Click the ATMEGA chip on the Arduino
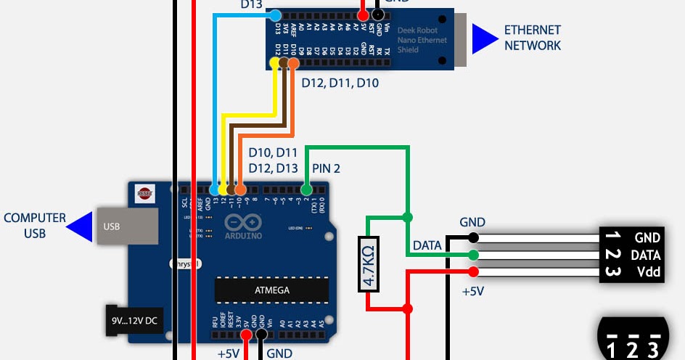coord(271,290)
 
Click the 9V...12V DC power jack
coord(132,320)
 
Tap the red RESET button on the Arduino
coord(145,193)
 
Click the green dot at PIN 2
coord(306,189)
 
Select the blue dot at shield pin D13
coord(275,15)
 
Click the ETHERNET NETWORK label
coord(533,38)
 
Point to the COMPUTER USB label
coord(35,225)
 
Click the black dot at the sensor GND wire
coord(473,237)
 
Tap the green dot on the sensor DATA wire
coord(473,255)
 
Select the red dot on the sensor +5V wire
coord(473,272)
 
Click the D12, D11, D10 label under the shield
coord(340,83)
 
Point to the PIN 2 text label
coord(326,168)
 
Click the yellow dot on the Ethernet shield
coord(274,64)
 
